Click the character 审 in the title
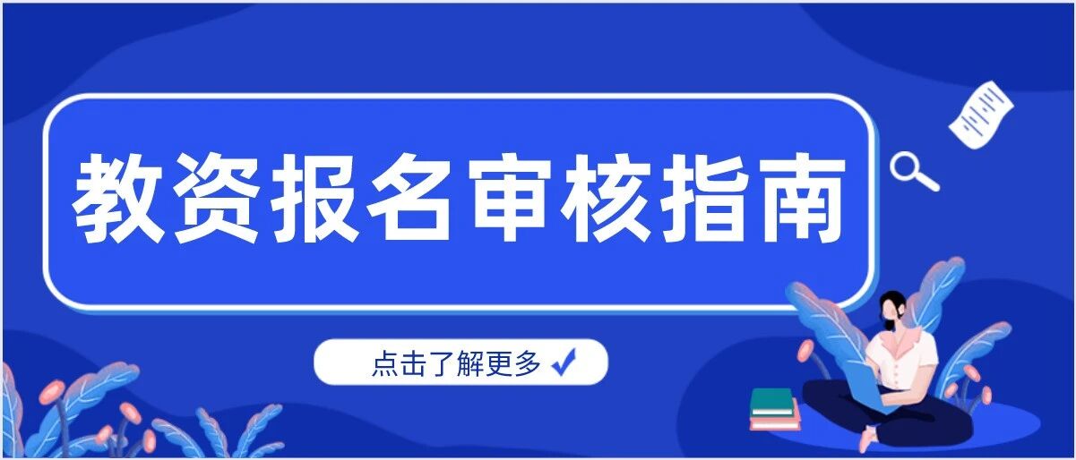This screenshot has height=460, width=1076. tap(508, 199)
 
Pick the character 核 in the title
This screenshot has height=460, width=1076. tap(606, 199)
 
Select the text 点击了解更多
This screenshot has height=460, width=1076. tap(457, 363)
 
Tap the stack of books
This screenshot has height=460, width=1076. tap(774, 410)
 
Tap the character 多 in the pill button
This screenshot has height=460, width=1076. tap(529, 363)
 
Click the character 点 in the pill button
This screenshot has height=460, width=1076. tap(384, 363)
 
